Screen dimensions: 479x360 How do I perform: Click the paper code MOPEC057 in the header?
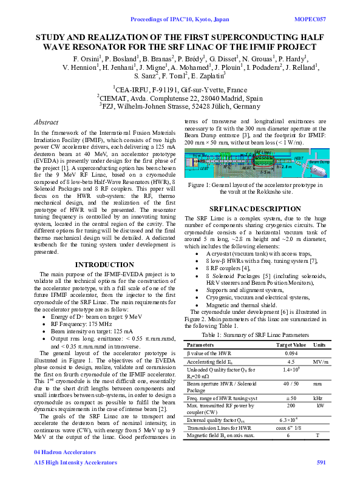point(310,20)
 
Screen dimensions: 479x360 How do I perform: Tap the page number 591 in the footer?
point(321,463)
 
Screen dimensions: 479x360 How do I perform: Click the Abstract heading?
point(46,122)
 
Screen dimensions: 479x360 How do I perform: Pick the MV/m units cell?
point(318,362)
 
